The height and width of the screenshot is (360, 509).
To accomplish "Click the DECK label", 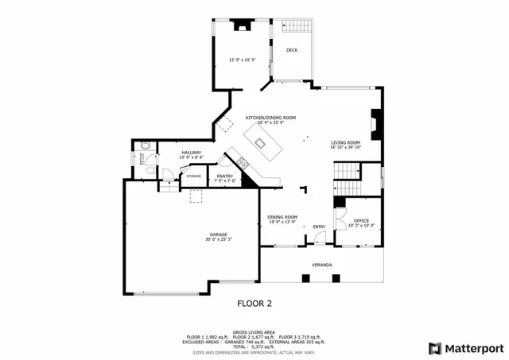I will tap(292, 50).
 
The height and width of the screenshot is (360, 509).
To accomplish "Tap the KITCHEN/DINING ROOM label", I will tap(270, 118).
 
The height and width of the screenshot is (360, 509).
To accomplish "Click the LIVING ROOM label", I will tap(346, 142).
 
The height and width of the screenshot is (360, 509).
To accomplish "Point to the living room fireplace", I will tap(375, 124).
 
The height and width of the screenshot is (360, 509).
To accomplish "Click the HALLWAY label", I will tap(191, 152).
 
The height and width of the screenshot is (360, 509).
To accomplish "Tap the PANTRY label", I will tap(225, 177).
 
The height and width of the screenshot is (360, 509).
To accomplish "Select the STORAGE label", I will tap(194, 176).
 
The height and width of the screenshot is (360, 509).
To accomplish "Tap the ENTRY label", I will tap(319, 227).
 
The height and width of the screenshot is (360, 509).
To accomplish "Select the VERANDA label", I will tap(321, 264).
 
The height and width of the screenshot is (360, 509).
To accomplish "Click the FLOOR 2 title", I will tap(254, 303).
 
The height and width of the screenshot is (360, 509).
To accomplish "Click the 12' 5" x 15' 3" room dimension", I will tap(242, 60).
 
